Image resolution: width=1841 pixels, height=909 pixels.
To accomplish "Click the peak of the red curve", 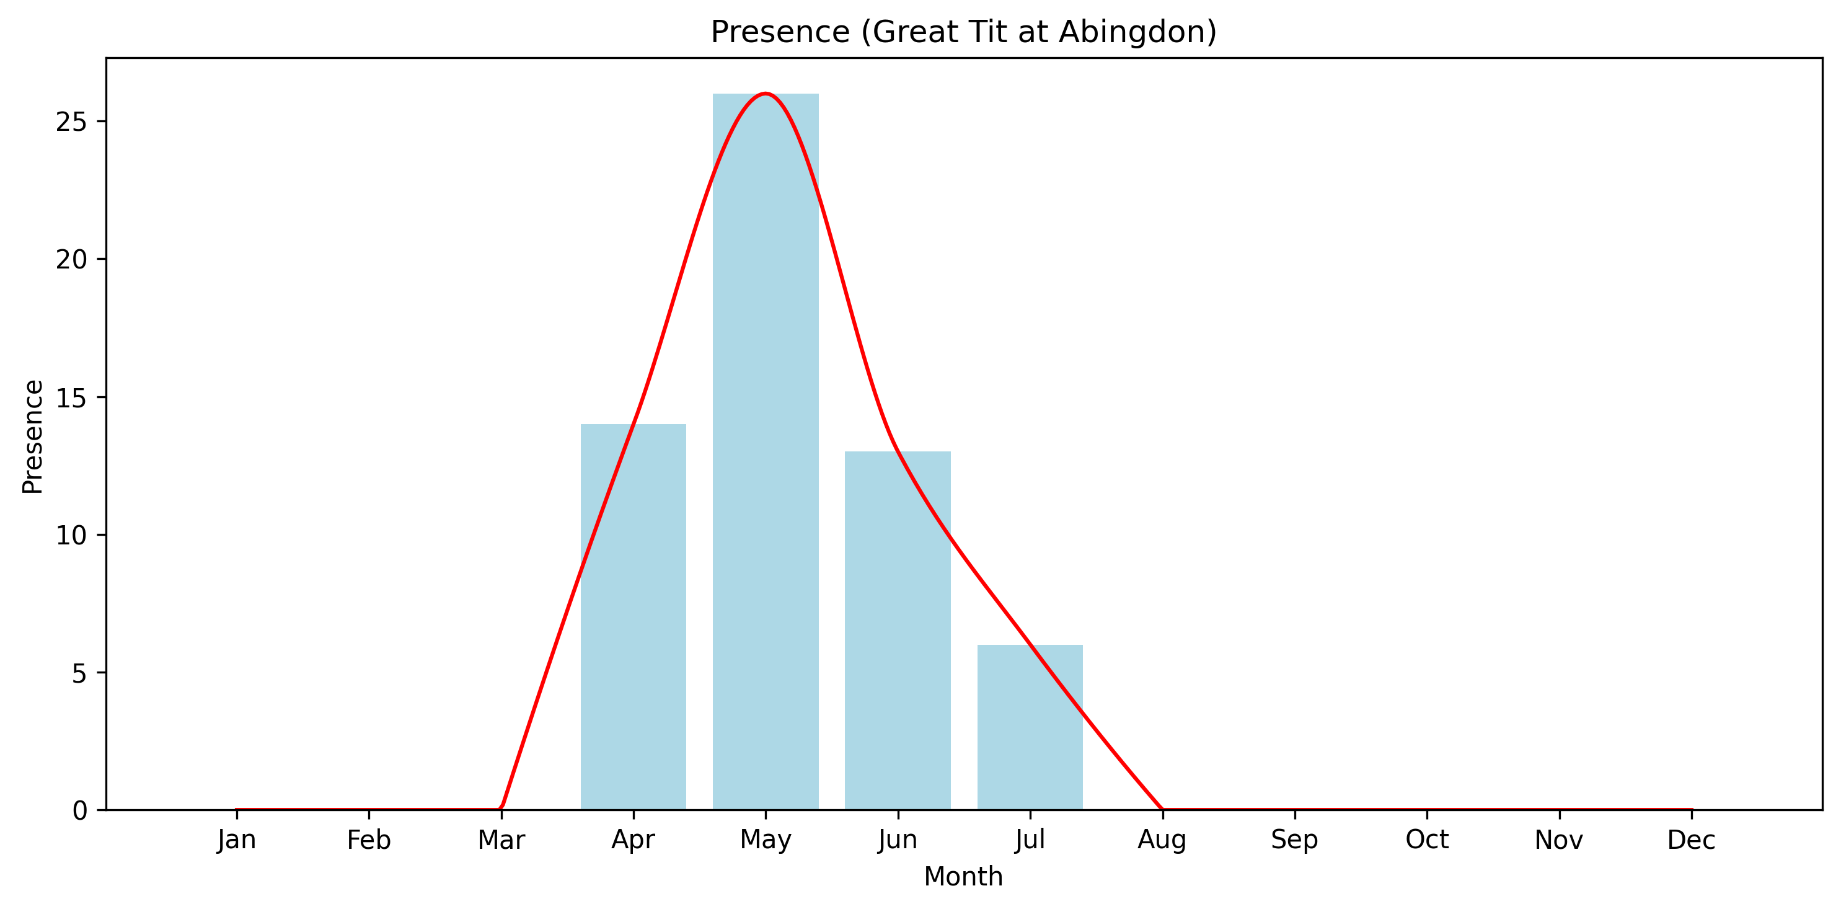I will (x=766, y=94).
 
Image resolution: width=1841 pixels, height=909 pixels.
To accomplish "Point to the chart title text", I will (x=963, y=32).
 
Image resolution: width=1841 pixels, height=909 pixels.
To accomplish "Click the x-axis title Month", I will (x=963, y=877).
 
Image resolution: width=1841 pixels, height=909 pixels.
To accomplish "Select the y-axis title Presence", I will (x=33, y=437).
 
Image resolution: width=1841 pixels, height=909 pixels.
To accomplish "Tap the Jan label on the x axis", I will (x=237, y=840).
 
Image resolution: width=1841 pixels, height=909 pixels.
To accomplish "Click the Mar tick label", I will (x=501, y=840).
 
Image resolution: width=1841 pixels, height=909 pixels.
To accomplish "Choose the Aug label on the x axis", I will (x=1162, y=840).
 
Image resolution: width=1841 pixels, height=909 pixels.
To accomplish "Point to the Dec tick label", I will (x=1691, y=840).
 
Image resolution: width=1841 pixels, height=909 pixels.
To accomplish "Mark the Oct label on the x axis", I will (x=1426, y=840).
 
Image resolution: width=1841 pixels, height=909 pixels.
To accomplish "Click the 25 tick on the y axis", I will (x=71, y=122).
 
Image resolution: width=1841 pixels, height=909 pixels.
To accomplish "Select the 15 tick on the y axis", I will (x=71, y=397).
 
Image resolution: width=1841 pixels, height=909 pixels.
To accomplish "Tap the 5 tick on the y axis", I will (x=79, y=673).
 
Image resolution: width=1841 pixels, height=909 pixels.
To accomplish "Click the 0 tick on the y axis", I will (x=79, y=810).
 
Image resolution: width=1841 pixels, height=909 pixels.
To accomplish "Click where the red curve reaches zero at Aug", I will (x=1162, y=809).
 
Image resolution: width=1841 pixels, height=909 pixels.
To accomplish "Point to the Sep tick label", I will (x=1294, y=840).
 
